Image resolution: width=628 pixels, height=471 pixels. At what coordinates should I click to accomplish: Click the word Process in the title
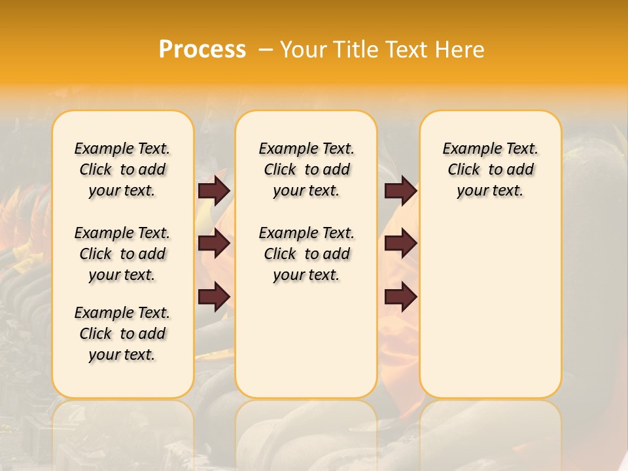pos(202,49)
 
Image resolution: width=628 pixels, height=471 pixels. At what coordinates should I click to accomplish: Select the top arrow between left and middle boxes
pos(214,190)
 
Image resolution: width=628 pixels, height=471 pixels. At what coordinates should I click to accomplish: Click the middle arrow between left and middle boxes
pos(214,243)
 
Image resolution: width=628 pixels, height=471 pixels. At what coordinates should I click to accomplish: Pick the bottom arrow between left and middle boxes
pos(214,296)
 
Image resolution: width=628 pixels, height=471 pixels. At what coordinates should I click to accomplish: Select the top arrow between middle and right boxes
pos(400,190)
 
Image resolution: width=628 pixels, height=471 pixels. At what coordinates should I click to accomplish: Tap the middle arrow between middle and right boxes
pos(400,243)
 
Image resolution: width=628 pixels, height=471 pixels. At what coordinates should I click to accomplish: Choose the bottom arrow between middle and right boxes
pos(400,296)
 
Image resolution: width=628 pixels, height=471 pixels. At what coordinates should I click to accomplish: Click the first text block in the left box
pos(122,169)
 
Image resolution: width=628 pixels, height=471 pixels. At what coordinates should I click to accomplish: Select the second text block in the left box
pos(122,254)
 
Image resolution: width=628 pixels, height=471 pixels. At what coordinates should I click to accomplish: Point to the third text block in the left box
pos(122,334)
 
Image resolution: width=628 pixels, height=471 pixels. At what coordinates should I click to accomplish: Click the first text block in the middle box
pos(306,169)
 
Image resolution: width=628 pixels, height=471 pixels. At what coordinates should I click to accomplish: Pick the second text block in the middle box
pos(306,254)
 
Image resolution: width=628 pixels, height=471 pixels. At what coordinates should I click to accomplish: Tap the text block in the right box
pos(490,169)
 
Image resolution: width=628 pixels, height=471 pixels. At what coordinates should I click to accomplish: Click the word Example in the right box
pos(468,149)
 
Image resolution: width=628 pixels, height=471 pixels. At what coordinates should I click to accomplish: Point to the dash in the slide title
pos(266,49)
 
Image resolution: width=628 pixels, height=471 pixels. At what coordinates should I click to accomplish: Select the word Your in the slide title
pos(303,49)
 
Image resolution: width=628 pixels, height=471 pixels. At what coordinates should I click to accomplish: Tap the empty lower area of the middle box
pos(306,340)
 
